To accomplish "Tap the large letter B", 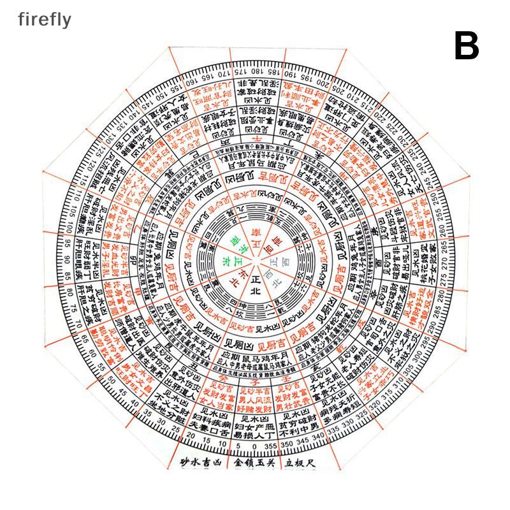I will [467, 46].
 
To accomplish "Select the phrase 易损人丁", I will [255, 434].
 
